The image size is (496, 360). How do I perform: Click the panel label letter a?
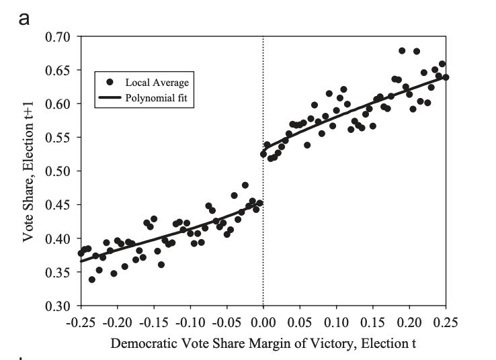pos(25,17)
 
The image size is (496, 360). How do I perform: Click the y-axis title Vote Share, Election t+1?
pos(29,171)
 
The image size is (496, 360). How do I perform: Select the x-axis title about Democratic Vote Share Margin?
pos(263,344)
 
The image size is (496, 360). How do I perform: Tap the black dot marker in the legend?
pos(110,82)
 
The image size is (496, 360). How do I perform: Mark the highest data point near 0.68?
pos(402,51)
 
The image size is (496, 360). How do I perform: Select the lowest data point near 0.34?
pos(92,279)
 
